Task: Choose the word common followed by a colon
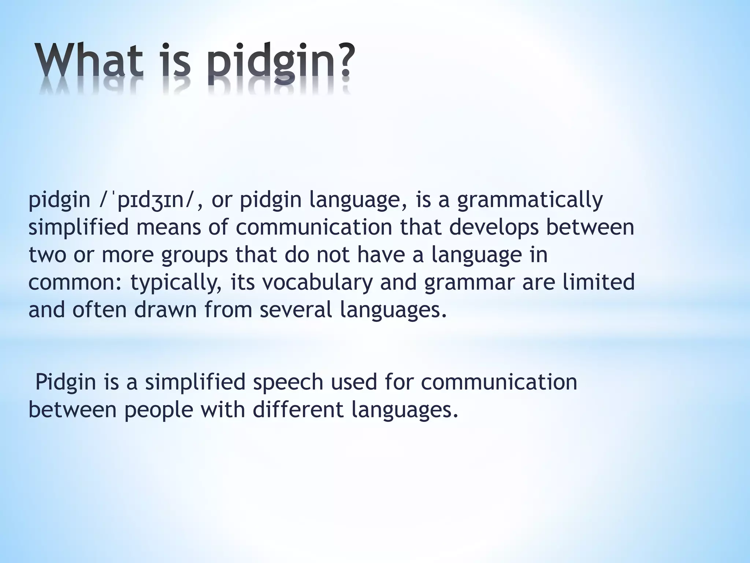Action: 75,282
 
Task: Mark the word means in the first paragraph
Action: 169,227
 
